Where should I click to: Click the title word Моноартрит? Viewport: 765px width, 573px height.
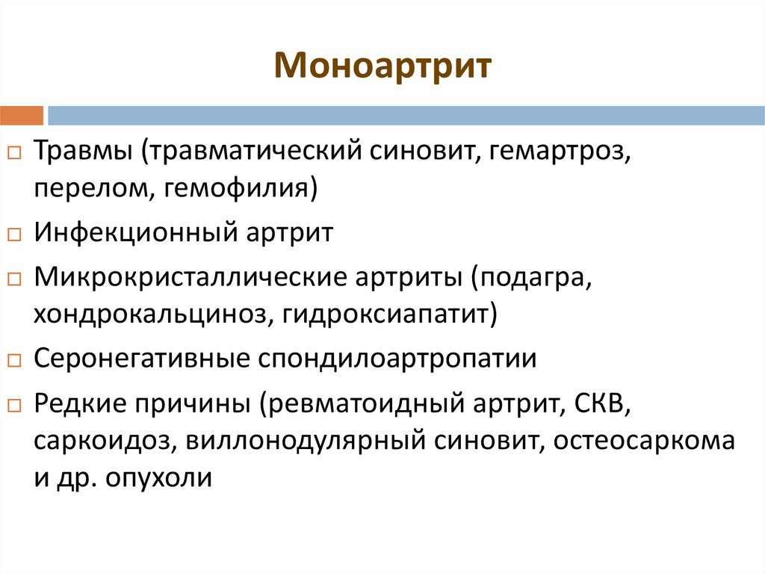[x=382, y=66]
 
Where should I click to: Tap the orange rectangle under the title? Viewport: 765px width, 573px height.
[x=22, y=115]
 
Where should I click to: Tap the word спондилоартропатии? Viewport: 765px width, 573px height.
[x=397, y=359]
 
